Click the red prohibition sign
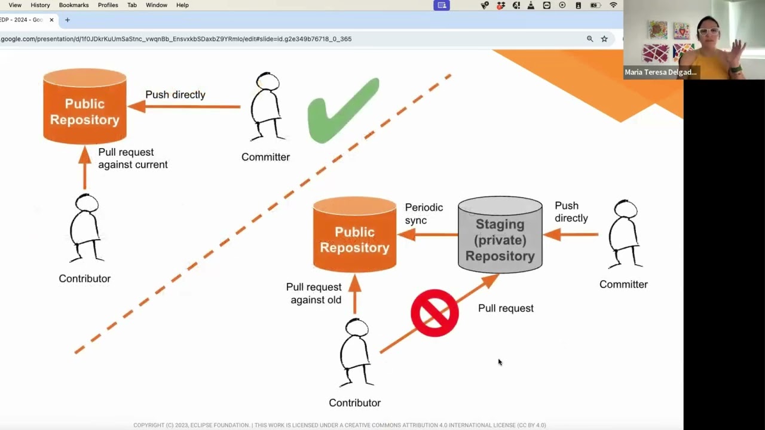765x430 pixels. [434, 313]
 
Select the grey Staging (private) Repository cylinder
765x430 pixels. [500, 235]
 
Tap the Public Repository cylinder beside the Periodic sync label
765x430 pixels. [354, 235]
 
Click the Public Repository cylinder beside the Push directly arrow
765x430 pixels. [84, 106]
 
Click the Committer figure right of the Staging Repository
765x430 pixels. [625, 234]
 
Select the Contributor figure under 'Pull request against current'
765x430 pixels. [85, 228]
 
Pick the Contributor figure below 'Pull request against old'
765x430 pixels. [355, 352]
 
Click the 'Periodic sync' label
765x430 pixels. [424, 214]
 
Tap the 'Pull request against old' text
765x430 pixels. [314, 293]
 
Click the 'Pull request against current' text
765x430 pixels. [132, 158]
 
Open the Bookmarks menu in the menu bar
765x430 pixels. [74, 5]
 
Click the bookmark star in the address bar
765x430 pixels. [604, 39]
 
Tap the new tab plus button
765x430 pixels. [68, 20]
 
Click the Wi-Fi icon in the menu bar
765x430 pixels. [613, 5]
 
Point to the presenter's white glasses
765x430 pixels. [708, 31]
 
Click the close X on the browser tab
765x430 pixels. [51, 20]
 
